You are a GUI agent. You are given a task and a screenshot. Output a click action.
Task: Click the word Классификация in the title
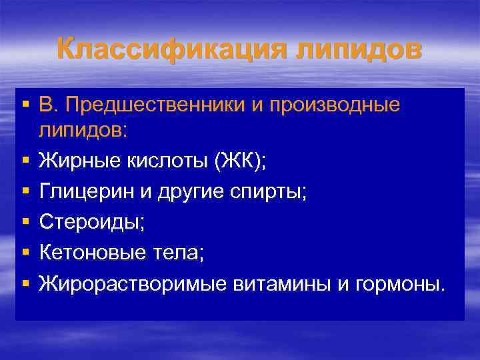157,51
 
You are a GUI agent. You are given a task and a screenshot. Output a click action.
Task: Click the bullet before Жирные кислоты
25,161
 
